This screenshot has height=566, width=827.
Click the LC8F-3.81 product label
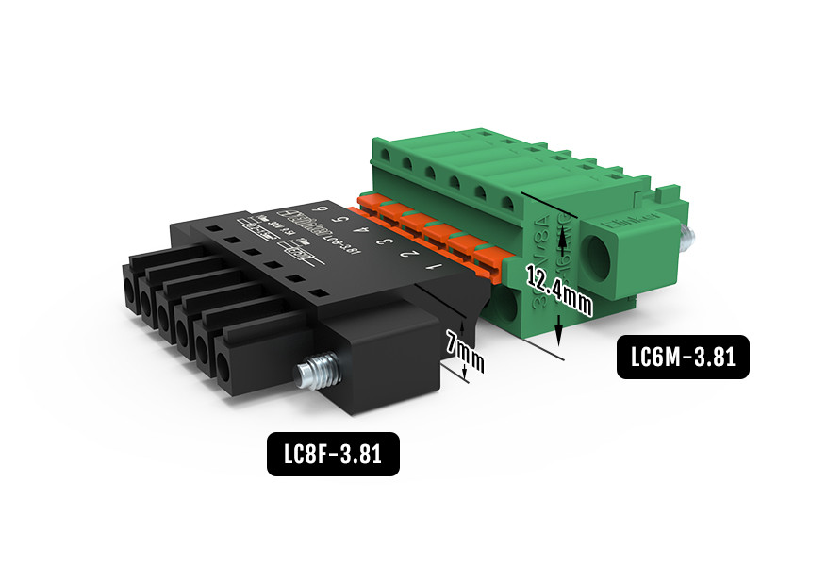333,454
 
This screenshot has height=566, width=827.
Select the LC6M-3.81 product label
683,357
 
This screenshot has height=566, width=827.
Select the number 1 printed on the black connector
437,269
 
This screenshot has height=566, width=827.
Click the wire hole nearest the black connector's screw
224,367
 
